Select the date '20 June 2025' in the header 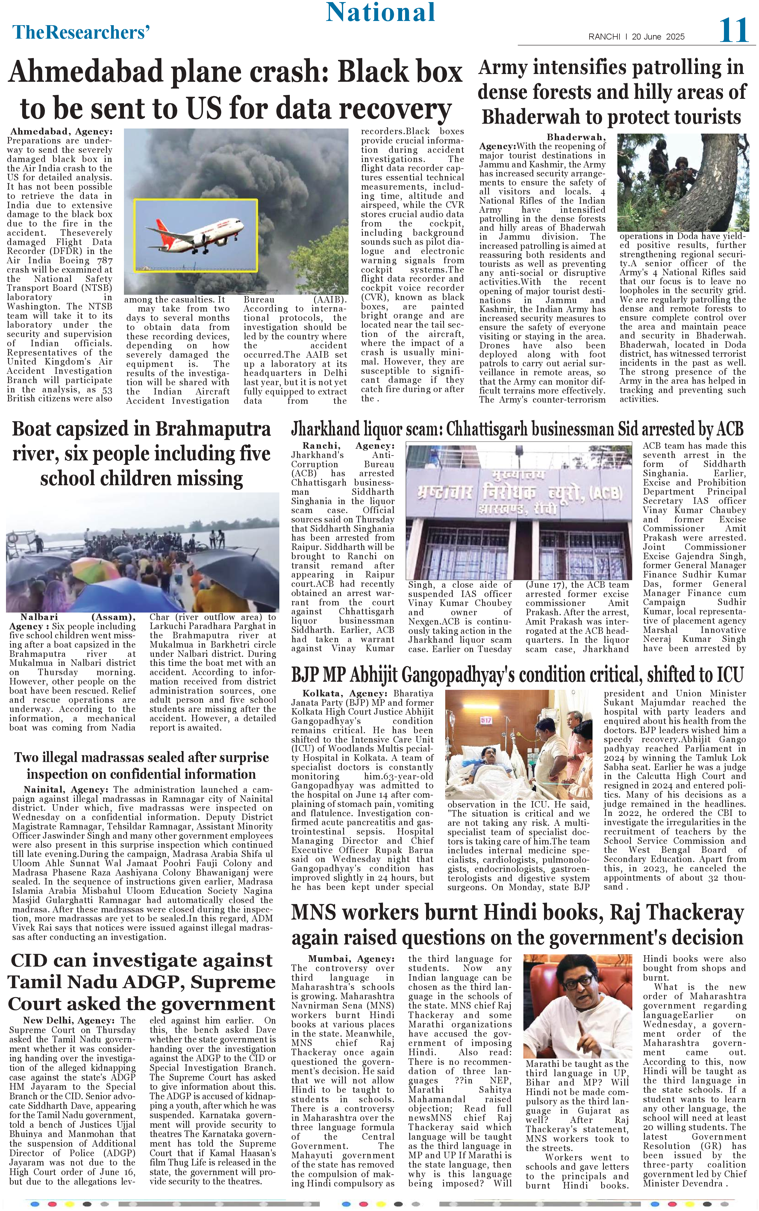[658, 37]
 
